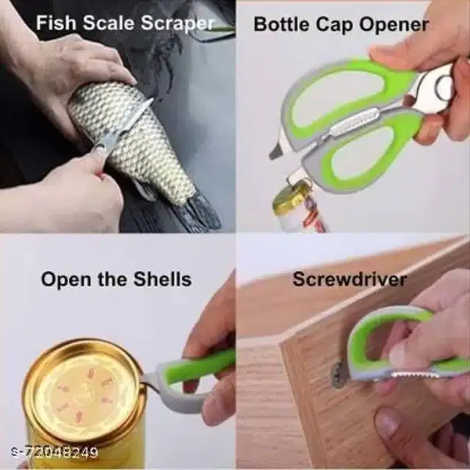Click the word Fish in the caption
[56, 23]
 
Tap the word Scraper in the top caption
[178, 24]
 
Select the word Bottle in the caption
[281, 24]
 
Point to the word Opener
[394, 25]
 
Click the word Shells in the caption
[162, 279]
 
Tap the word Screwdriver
[350, 279]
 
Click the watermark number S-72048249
[54, 452]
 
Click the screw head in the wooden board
[338, 375]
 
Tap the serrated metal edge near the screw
[415, 375]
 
